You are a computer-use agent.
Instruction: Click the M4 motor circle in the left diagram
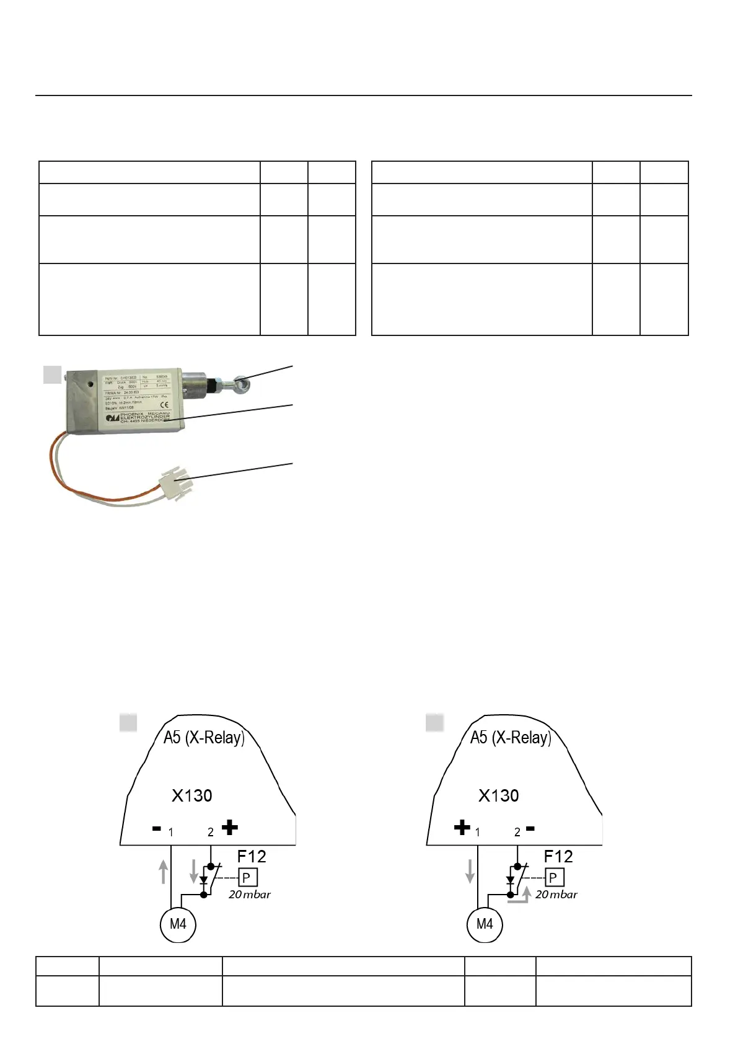click(178, 924)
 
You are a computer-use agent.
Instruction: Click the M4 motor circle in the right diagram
click(485, 924)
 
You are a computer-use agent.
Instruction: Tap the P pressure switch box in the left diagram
click(247, 877)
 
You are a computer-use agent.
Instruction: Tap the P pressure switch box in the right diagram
click(554, 877)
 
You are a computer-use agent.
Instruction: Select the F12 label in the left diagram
click(252, 856)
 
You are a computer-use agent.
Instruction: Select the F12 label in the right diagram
click(558, 856)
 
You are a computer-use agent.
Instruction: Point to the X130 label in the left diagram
click(191, 795)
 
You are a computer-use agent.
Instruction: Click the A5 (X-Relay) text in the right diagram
click(511, 737)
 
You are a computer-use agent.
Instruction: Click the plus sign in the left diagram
click(229, 828)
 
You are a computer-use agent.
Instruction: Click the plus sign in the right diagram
click(462, 828)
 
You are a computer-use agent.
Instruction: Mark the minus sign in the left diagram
click(157, 828)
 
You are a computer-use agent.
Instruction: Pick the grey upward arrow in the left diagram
click(164, 871)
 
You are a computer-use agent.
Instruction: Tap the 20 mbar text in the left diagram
click(249, 895)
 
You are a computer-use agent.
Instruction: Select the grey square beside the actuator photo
click(53, 374)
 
